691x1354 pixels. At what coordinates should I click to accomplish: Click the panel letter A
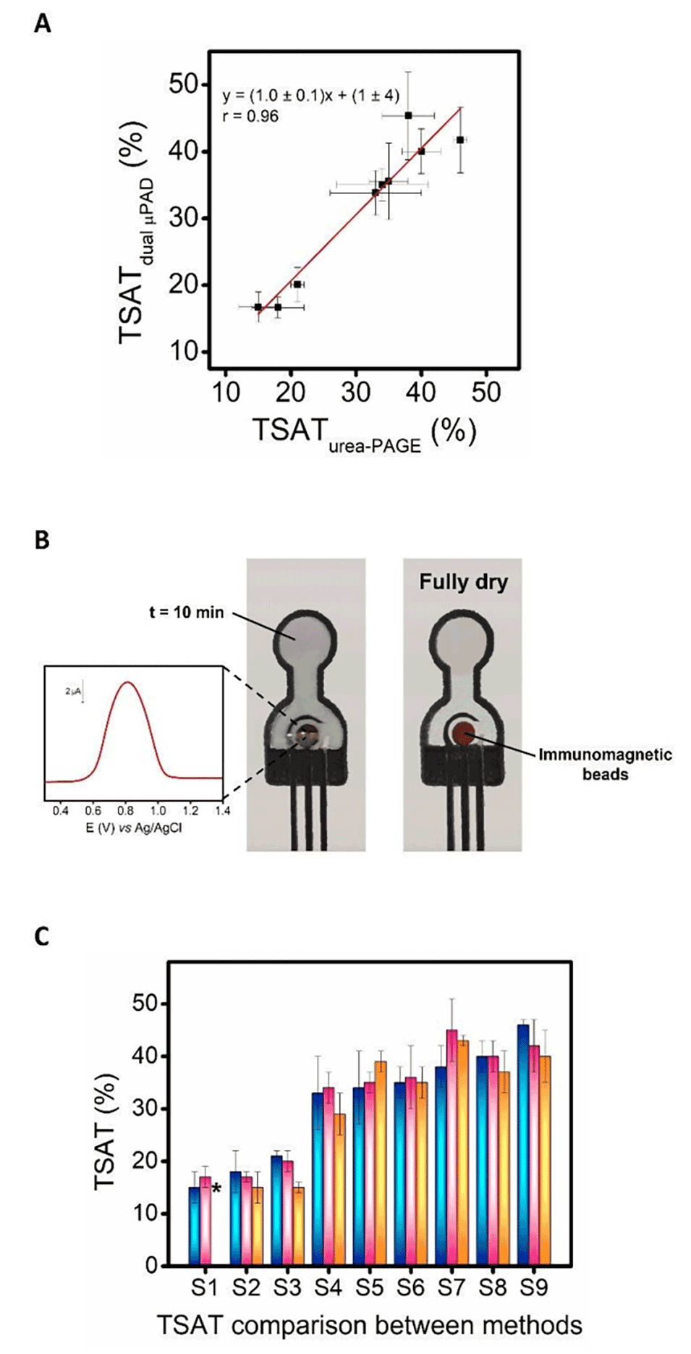[43, 25]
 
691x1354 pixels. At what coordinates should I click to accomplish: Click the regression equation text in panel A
[310, 96]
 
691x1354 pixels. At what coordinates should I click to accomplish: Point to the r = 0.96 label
[250, 117]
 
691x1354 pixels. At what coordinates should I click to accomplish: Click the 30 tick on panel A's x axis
[355, 392]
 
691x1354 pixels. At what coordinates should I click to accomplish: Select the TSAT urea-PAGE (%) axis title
[364, 433]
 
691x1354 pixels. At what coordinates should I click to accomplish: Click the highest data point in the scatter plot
[409, 115]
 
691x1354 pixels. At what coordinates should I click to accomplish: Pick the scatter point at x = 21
[297, 285]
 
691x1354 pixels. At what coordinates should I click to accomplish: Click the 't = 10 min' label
[186, 613]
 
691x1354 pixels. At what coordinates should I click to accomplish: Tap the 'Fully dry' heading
[463, 582]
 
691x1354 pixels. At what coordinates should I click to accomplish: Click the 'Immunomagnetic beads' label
[605, 764]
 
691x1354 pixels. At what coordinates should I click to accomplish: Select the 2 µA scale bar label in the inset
[72, 691]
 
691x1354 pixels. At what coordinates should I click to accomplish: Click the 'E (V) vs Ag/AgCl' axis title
[134, 828]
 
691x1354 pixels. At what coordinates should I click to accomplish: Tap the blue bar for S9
[523, 1144]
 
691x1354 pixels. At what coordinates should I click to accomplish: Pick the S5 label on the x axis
[370, 1287]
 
